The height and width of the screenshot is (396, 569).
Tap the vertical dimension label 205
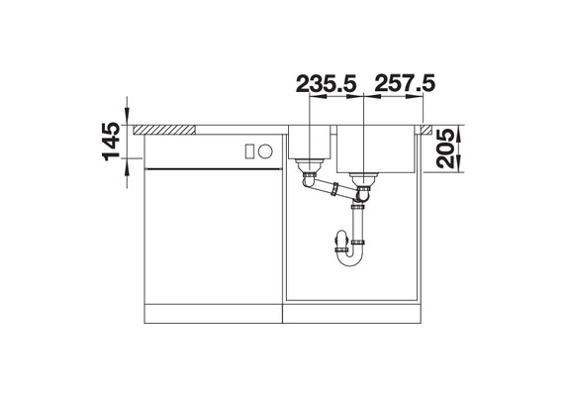[x=450, y=150]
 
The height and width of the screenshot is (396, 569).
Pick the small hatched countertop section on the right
[x=427, y=129]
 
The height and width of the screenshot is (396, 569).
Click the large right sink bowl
[x=377, y=149]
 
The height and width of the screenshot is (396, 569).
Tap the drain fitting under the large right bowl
[x=365, y=181]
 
